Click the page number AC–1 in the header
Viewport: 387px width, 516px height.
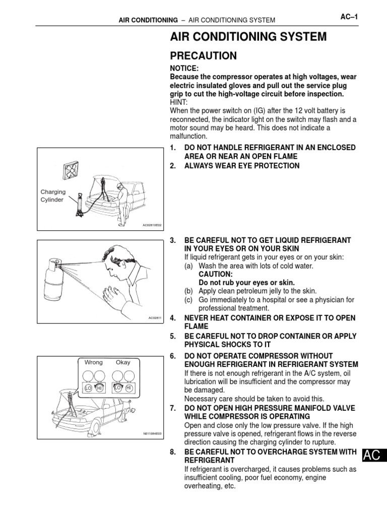pyautogui.click(x=349, y=18)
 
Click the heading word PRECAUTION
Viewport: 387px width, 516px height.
pyautogui.click(x=203, y=55)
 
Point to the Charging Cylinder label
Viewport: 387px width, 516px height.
pyautogui.click(x=52, y=196)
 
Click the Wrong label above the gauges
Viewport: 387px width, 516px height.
pyautogui.click(x=93, y=362)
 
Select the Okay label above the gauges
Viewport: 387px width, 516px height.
pyautogui.click(x=123, y=362)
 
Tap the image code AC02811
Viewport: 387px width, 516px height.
pyautogui.click(x=155, y=318)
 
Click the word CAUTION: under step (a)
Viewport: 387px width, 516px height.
pyautogui.click(x=215, y=274)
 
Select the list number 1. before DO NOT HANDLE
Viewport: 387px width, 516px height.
pyautogui.click(x=173, y=147)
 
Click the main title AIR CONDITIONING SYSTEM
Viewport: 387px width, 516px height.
pyautogui.click(x=248, y=37)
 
